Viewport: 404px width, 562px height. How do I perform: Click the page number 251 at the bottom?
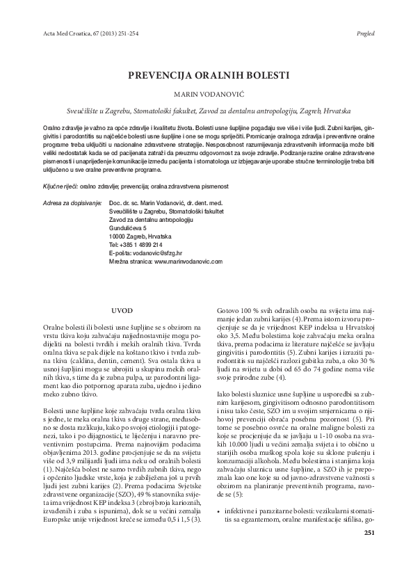tap(369, 552)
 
